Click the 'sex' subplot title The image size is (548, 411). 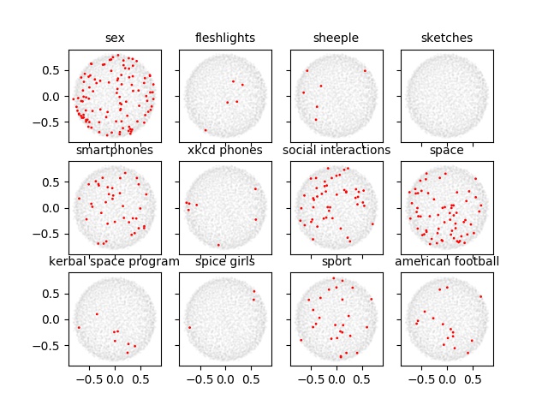115,38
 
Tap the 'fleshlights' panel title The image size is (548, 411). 225,38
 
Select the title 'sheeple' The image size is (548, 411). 337,38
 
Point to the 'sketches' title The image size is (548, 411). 447,38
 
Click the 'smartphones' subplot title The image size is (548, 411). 115,150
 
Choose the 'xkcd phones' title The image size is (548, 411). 225,150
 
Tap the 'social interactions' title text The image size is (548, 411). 337,150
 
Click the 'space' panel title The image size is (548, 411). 447,150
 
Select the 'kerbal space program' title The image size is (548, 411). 115,261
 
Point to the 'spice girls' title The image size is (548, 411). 225,261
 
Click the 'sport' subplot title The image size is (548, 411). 337,261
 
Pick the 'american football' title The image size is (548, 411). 447,261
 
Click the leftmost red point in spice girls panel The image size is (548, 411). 189,327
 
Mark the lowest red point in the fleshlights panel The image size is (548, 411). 205,130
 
